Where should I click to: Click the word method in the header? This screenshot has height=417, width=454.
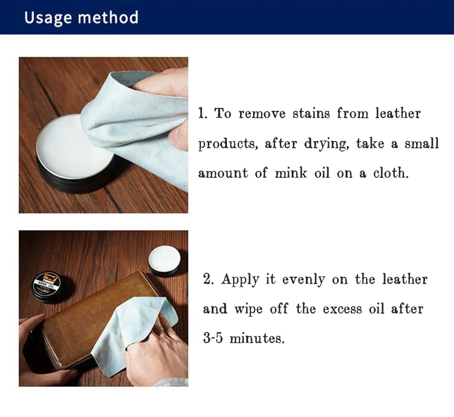(108, 18)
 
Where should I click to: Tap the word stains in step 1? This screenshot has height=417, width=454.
(311, 113)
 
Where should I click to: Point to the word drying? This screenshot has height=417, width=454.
(326, 144)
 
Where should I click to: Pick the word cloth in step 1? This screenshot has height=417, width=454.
(390, 173)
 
